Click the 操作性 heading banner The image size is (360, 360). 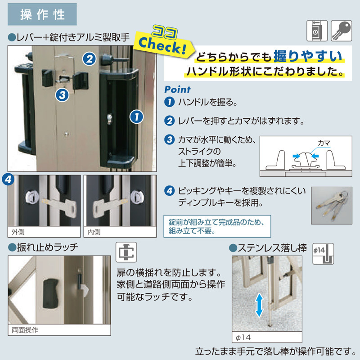(42, 14)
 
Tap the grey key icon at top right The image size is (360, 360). (341, 31)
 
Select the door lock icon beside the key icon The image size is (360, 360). (317, 31)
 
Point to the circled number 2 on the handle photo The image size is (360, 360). (89, 59)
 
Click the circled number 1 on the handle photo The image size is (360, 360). (136, 117)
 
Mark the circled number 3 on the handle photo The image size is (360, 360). (62, 95)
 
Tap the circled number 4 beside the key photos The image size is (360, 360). (8, 179)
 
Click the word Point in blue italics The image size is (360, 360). (177, 90)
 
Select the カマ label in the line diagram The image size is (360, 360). (324, 143)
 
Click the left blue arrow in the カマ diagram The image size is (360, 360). (297, 156)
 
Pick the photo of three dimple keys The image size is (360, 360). (332, 206)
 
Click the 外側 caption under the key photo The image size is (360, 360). (18, 232)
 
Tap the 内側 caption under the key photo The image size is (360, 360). (94, 232)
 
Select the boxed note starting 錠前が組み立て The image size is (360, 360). (217, 226)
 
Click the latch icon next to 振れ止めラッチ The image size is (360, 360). (126, 252)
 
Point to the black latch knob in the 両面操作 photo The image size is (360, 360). (51, 294)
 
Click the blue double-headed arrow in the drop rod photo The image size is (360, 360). (259, 305)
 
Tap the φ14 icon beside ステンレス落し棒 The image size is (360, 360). (323, 254)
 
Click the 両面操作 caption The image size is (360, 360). (25, 330)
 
